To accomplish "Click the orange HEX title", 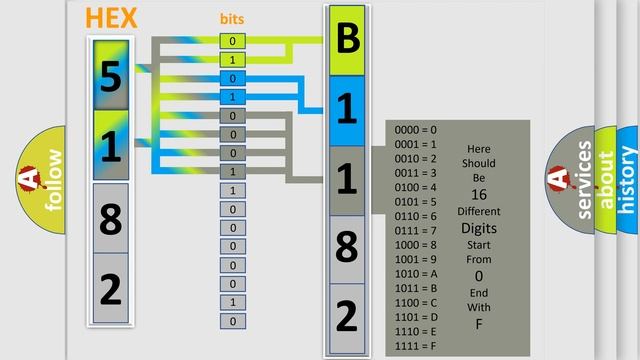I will click(111, 18).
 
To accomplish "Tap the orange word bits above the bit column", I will click(232, 19).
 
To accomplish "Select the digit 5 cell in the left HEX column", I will click(111, 75).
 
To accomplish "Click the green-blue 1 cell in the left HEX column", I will click(111, 146).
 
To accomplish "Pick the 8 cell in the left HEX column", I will click(111, 218).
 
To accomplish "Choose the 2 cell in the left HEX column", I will click(111, 289).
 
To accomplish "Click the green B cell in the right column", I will click(347, 41).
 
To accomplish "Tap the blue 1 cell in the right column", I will click(347, 110).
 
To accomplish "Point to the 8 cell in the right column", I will click(347, 247).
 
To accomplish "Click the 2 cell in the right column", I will click(347, 317).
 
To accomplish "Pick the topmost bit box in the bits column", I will click(233, 41).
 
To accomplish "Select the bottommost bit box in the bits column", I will click(233, 321).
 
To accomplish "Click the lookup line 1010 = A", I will click(416, 273).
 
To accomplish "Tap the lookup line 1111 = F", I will click(416, 346).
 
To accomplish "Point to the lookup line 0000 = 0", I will click(416, 129).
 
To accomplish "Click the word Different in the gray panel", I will click(478, 211).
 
